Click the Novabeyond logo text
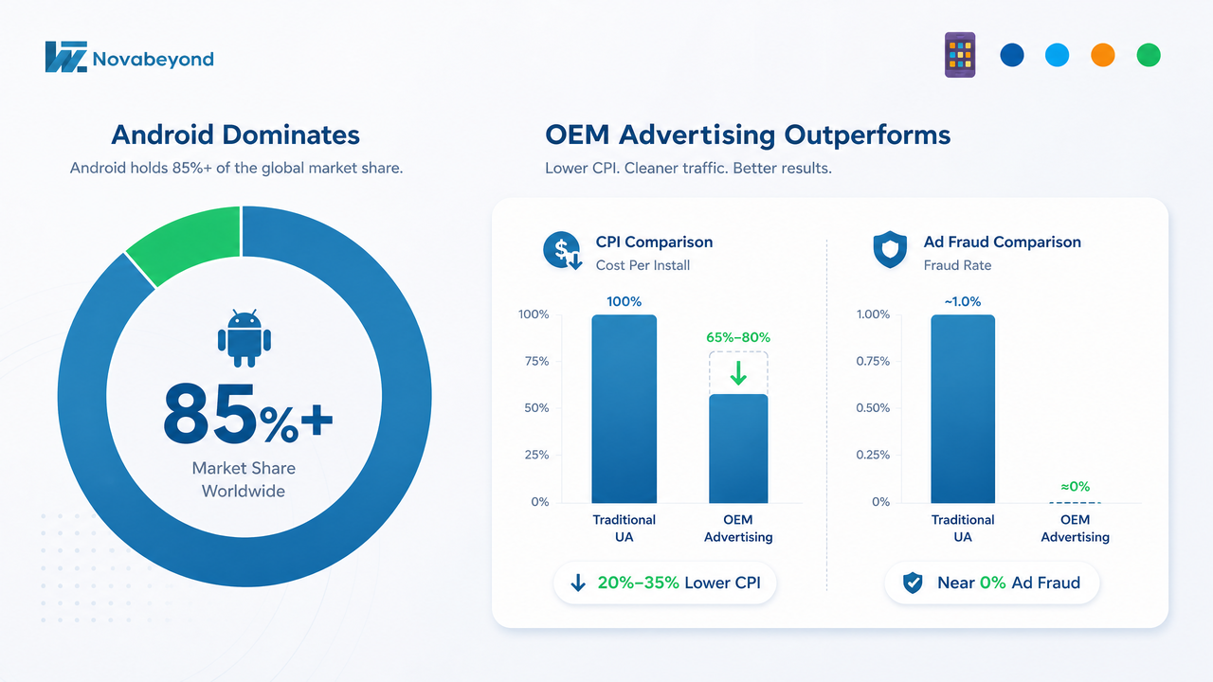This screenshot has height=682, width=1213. (154, 59)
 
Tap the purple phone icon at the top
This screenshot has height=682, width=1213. (960, 55)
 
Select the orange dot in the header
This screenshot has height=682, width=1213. (1102, 55)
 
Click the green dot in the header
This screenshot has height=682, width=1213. (1148, 55)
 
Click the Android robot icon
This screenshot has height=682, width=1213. (244, 338)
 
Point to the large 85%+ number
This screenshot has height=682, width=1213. (248, 415)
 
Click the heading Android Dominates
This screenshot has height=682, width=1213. (236, 135)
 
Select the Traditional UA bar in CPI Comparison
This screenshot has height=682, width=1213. (624, 408)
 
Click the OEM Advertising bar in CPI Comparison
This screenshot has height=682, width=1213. (738, 449)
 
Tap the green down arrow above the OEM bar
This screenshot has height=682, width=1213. (738, 372)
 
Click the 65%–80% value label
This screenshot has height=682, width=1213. (738, 337)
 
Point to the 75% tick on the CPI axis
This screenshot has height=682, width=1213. (536, 361)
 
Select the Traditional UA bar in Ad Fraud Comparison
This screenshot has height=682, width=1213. (963, 408)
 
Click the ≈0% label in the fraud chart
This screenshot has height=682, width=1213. (1075, 487)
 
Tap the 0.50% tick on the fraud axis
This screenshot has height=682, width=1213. (873, 407)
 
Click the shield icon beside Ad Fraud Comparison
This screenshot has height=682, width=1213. (890, 249)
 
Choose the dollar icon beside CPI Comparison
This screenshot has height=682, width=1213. (563, 251)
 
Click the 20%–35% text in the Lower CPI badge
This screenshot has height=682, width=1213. (638, 583)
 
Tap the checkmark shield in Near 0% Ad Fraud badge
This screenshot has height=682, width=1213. (913, 583)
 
